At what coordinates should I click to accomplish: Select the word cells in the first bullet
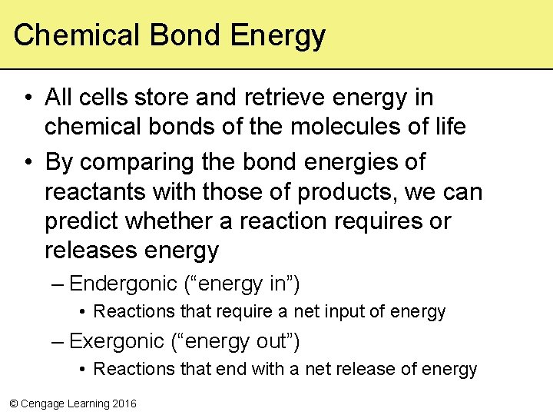tap(103, 98)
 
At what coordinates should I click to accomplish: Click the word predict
tap(81, 221)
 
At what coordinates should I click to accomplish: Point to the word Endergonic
tap(123, 284)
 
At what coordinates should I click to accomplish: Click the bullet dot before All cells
tap(27, 98)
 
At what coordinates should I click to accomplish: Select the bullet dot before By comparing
tap(27, 163)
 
